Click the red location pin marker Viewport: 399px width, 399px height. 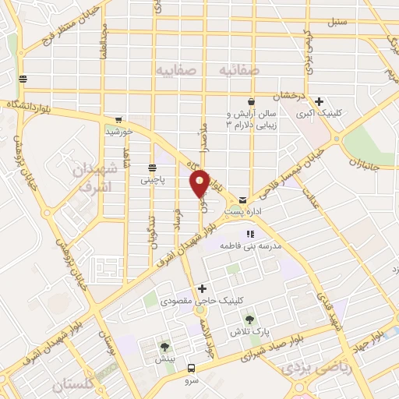click(x=199, y=182)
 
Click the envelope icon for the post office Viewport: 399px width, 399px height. click(x=243, y=199)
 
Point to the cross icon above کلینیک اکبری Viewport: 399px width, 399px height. click(x=319, y=101)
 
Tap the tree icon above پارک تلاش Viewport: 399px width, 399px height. click(x=249, y=320)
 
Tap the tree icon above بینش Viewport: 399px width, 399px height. click(x=164, y=348)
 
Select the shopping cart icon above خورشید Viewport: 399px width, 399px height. click(x=118, y=120)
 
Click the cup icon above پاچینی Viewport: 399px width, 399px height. click(x=150, y=168)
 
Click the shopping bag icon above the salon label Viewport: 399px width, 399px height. click(x=251, y=101)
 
